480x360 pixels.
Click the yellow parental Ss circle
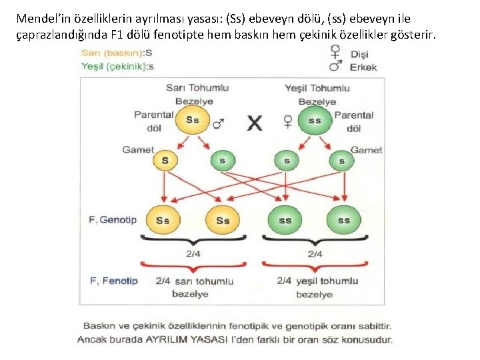point(192,121)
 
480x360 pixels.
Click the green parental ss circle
point(314,121)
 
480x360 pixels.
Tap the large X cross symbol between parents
point(254,123)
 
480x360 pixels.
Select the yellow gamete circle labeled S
point(165,160)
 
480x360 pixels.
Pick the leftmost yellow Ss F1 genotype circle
point(162,220)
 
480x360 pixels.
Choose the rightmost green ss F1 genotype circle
point(343,220)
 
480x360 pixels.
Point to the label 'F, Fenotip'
point(113,281)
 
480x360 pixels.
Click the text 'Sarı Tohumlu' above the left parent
point(197,88)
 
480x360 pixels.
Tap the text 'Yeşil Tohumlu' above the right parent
point(317,88)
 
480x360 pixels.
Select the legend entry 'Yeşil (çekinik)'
point(113,66)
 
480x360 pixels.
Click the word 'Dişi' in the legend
point(359,55)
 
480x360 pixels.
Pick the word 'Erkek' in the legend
point(363,67)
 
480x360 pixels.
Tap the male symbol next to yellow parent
point(219,123)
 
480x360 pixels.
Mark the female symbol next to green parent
point(288,121)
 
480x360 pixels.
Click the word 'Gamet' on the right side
point(366,150)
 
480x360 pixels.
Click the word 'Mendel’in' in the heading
point(41,19)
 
